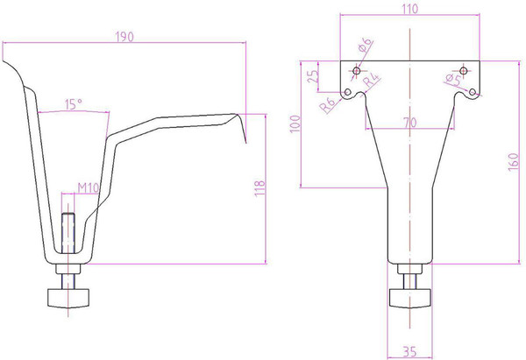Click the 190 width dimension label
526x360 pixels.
(124, 37)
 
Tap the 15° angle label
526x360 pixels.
(74, 105)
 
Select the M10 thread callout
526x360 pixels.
(88, 187)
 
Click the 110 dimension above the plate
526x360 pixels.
(409, 8)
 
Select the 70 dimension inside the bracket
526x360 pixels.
(409, 122)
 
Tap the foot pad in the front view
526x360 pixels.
(410, 299)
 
